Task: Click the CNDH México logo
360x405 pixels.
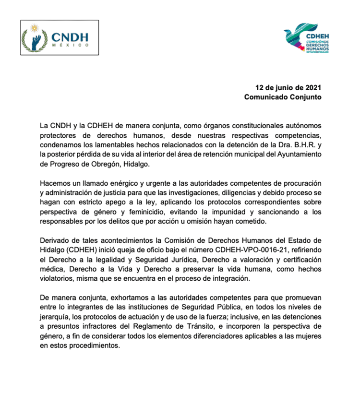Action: tap(60, 37)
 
